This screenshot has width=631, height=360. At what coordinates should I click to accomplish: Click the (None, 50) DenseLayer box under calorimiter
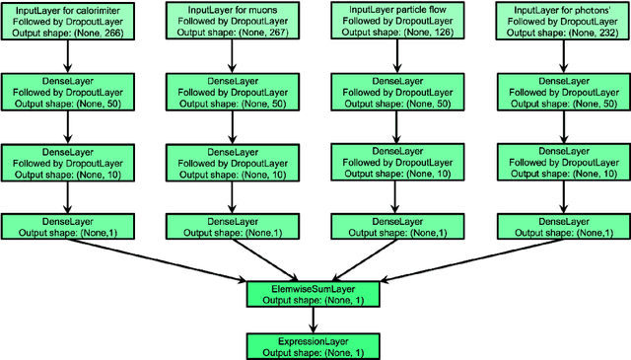point(65,92)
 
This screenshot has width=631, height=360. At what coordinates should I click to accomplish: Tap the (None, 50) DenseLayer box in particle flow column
point(398,92)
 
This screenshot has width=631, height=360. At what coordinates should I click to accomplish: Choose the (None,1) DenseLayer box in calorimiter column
point(65,225)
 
